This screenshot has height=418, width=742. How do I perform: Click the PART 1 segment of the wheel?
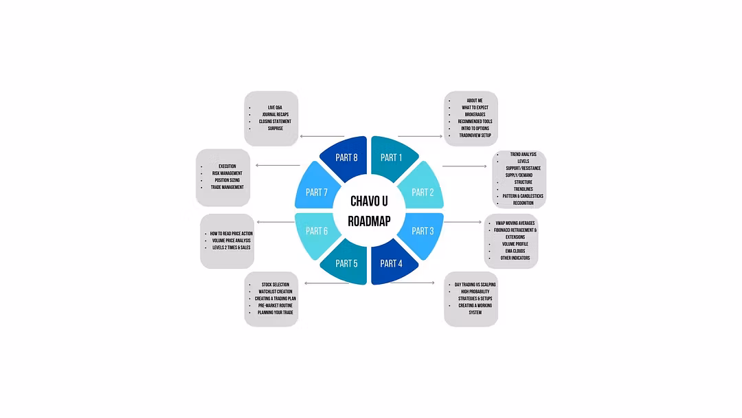click(391, 157)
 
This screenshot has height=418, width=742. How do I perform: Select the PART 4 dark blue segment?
click(391, 263)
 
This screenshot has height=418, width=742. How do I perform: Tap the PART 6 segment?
click(317, 231)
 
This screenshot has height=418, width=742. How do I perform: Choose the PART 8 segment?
click(346, 157)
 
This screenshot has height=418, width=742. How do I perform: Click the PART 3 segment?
click(423, 231)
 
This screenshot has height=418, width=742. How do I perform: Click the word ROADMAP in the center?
click(369, 221)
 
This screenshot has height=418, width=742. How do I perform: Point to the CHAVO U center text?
click(369, 201)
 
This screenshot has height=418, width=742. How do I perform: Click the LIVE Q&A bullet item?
click(275, 107)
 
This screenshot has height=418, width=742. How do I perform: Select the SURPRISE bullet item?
click(275, 129)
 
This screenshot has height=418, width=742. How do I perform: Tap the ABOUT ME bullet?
click(475, 100)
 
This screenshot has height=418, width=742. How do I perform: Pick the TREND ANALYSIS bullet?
click(524, 154)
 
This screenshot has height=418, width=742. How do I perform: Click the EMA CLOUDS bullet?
click(515, 251)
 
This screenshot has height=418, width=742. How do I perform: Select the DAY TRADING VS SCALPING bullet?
click(475, 285)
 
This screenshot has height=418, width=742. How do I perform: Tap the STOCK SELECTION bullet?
click(275, 285)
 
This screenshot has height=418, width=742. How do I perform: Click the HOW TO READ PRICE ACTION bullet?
click(232, 234)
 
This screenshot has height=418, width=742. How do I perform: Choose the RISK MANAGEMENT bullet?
click(227, 173)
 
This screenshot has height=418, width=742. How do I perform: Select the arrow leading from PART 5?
click(326, 283)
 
